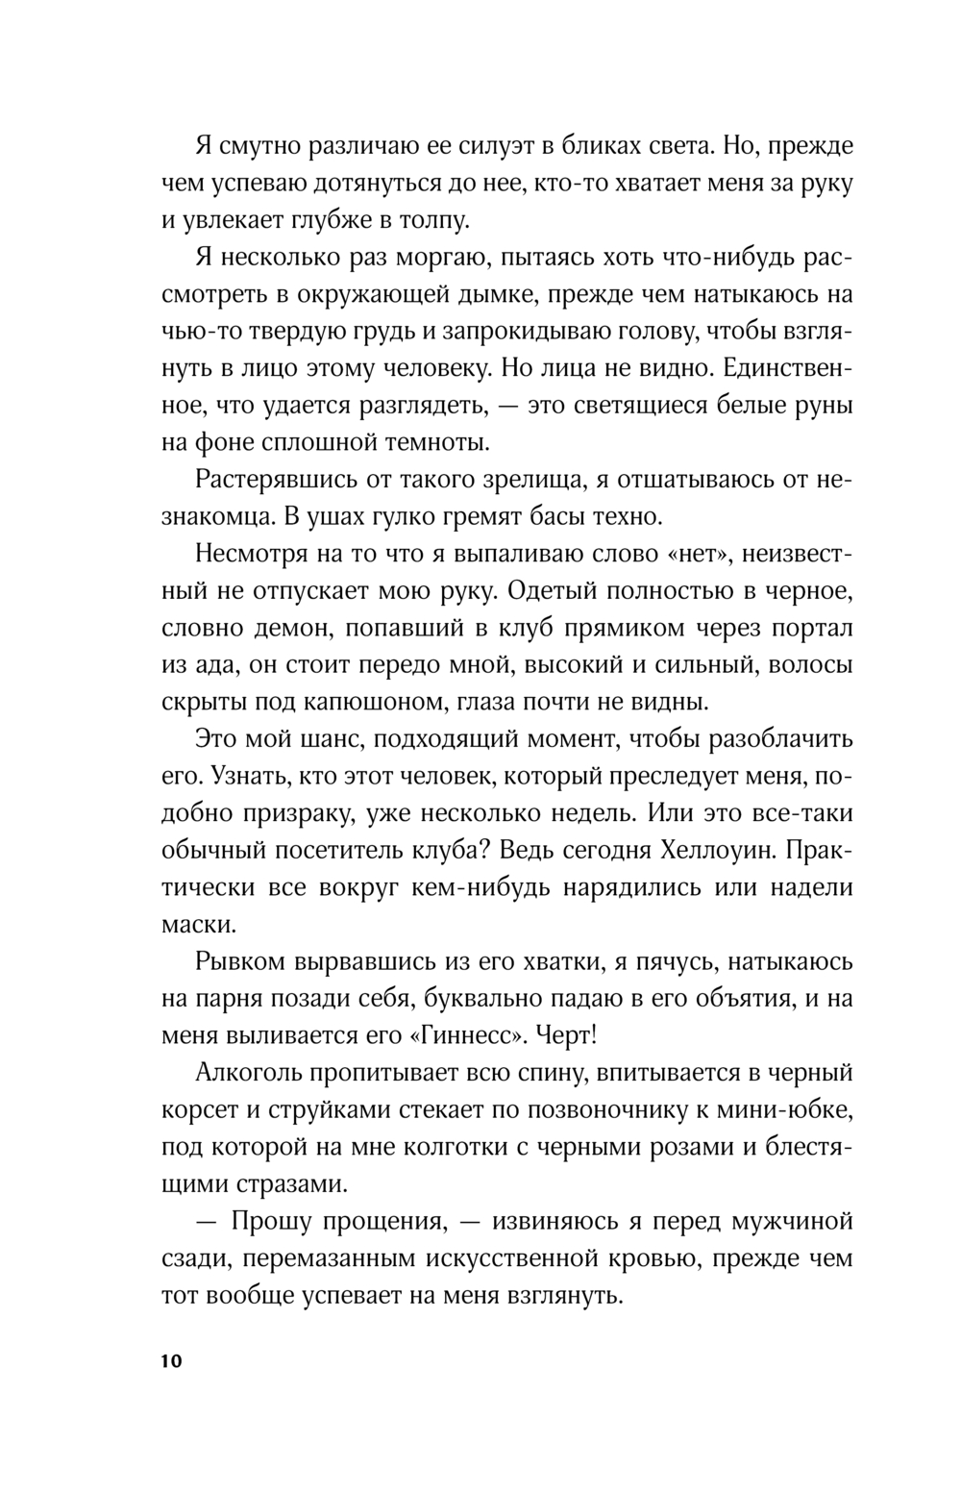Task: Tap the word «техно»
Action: tap(628, 517)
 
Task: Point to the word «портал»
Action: tap(812, 629)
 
